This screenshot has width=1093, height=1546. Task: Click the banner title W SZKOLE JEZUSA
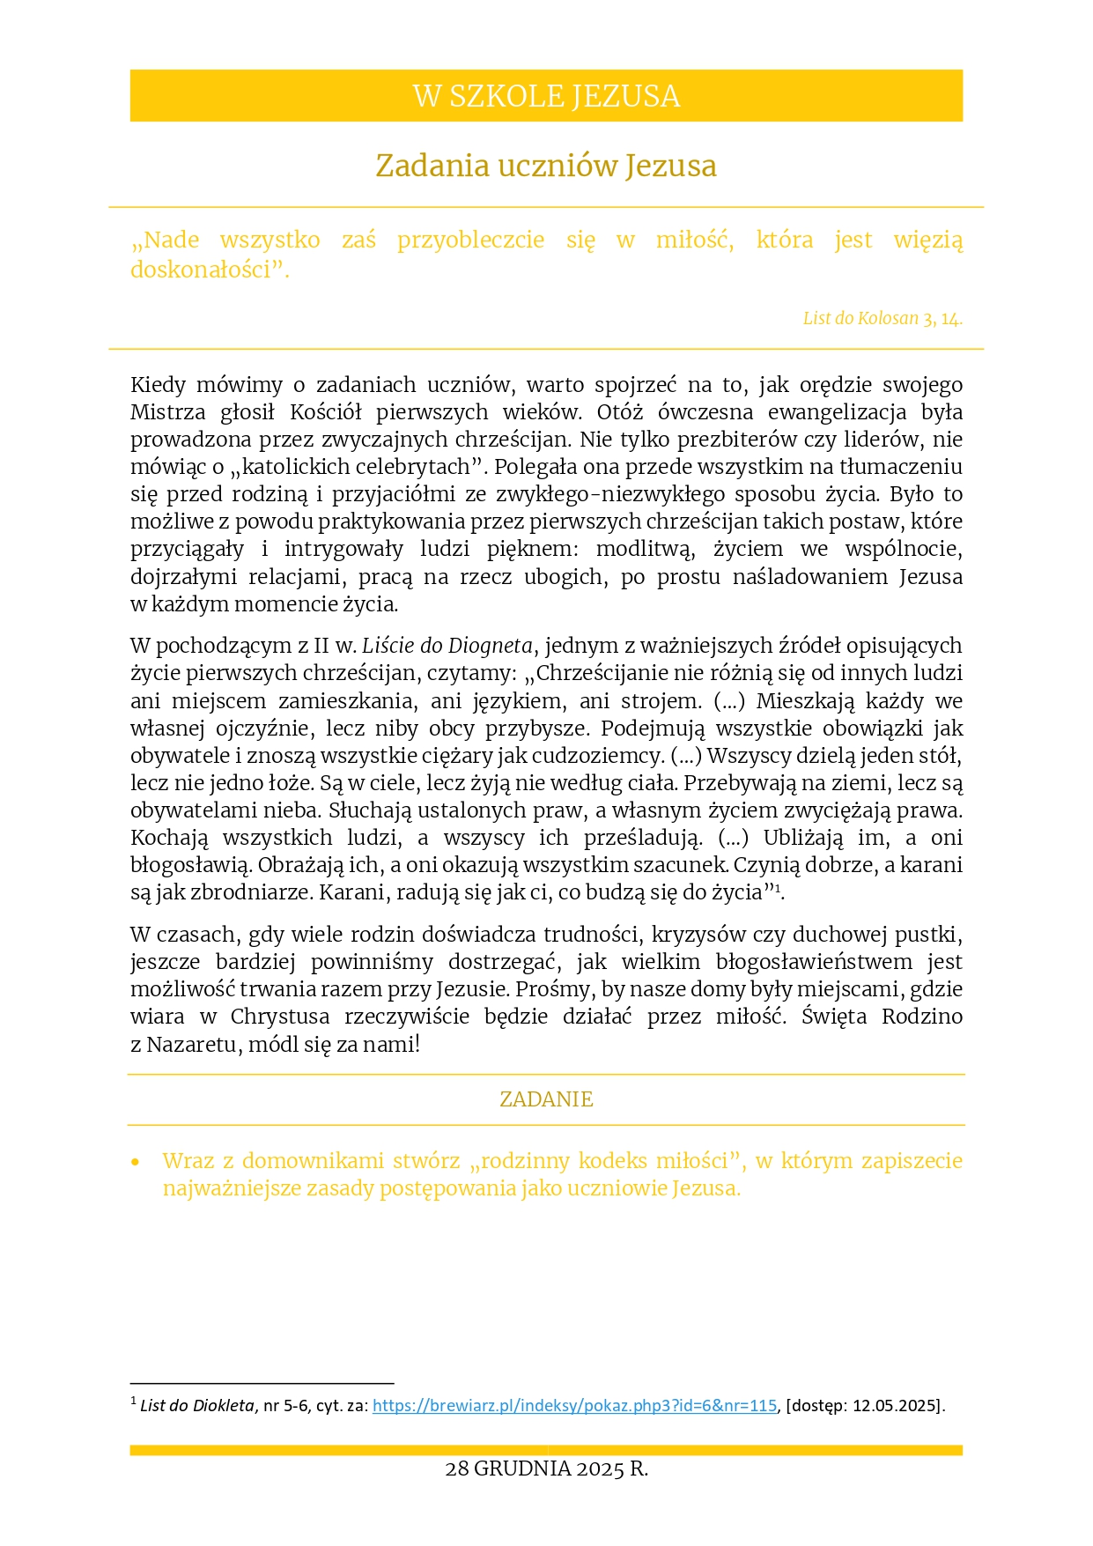point(546,96)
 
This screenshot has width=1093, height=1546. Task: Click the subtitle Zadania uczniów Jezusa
point(546,166)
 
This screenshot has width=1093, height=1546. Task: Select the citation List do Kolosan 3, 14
point(882,319)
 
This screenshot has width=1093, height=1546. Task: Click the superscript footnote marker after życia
point(778,888)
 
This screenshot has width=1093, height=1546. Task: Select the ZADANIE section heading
point(546,1099)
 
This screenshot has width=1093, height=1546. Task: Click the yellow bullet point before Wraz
point(136,1163)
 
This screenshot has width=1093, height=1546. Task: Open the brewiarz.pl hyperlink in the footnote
point(574,1406)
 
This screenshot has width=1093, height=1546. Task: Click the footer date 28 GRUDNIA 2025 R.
point(546,1469)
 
